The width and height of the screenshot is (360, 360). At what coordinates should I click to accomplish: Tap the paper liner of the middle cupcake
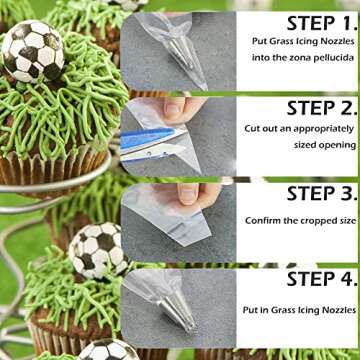[x=60, y=330]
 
